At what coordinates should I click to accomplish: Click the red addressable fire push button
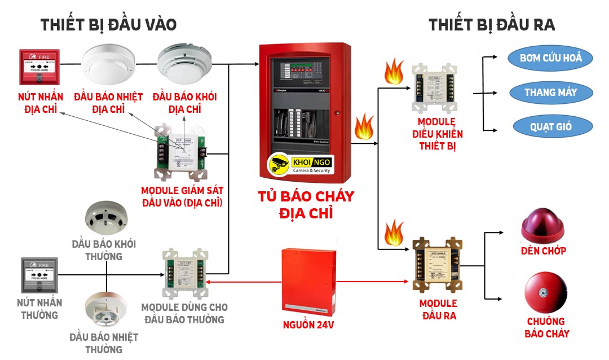click(39, 67)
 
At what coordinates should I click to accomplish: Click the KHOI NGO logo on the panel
click(301, 165)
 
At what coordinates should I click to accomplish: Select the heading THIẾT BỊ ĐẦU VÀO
click(109, 25)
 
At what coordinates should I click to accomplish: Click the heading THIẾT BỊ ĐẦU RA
click(492, 25)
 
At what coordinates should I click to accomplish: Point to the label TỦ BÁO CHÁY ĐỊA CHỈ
click(306, 204)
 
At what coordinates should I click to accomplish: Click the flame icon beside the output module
click(393, 232)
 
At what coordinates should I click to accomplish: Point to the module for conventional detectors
click(184, 274)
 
